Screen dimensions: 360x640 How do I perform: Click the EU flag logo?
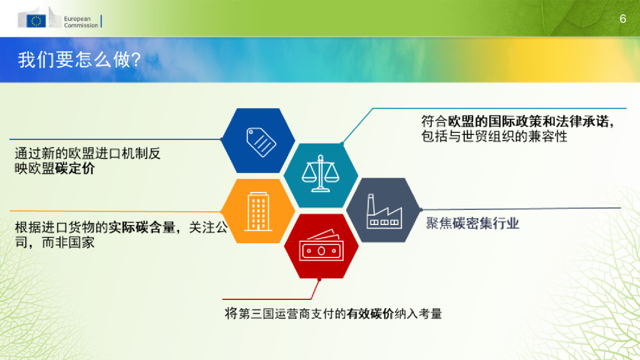(x=37, y=21)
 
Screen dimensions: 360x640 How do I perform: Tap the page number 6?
(x=622, y=19)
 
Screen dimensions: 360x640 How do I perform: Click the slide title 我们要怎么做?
(x=79, y=61)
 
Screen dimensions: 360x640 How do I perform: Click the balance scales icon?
(x=321, y=174)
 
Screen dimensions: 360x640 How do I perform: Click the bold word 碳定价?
(x=75, y=169)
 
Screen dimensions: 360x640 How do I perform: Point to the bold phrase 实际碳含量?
(x=142, y=227)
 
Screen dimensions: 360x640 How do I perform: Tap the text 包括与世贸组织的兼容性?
(x=494, y=136)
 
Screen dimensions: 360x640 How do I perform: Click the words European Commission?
(x=81, y=22)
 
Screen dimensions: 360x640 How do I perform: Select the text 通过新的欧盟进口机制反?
(x=88, y=153)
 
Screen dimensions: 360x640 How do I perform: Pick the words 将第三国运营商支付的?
(x=285, y=314)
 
